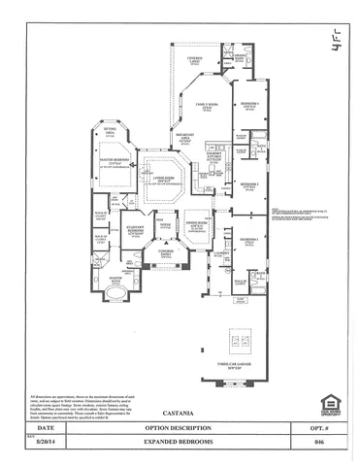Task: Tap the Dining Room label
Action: pyautogui.click(x=197, y=226)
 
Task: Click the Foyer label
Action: pyautogui.click(x=165, y=225)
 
